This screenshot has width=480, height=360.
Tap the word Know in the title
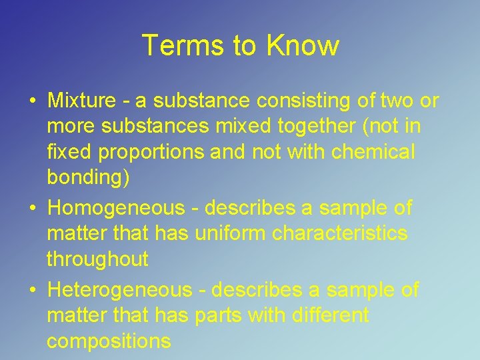(x=303, y=46)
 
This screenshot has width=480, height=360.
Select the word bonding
(x=89, y=179)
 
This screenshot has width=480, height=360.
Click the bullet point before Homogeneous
(x=32, y=209)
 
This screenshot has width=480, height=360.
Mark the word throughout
(x=97, y=259)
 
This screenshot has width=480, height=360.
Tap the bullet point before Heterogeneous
(x=32, y=291)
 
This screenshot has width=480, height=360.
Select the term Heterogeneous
(x=119, y=290)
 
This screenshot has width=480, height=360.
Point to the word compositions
(x=109, y=341)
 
